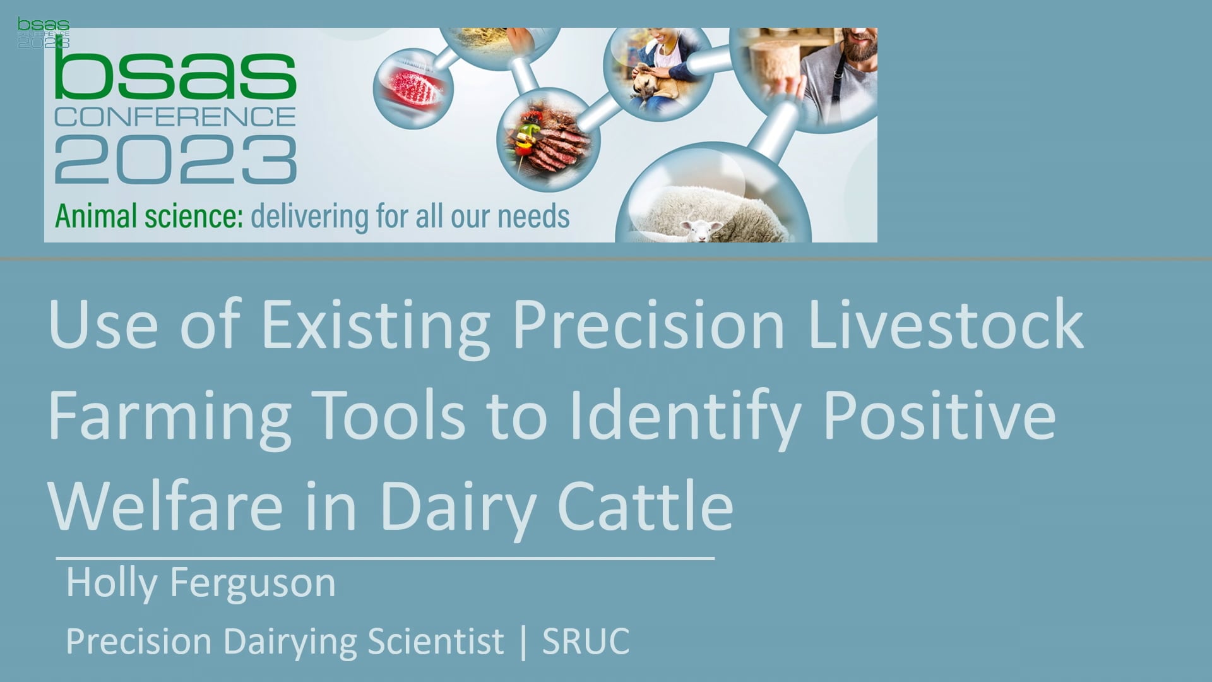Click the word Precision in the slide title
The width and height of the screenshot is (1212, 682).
(649, 325)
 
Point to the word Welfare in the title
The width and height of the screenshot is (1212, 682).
(165, 505)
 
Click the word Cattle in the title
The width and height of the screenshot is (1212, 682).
(645, 505)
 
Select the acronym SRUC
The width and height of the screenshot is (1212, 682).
(586, 642)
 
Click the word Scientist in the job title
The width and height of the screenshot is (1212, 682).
(436, 642)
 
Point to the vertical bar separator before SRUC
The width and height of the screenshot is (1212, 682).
(523, 642)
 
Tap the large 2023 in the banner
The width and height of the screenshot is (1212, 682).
(175, 160)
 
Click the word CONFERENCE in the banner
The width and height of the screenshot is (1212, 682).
(175, 117)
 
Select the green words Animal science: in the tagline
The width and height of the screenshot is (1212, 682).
(149, 216)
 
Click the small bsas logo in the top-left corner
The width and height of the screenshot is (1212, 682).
(44, 33)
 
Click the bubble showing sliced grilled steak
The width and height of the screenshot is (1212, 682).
(547, 140)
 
